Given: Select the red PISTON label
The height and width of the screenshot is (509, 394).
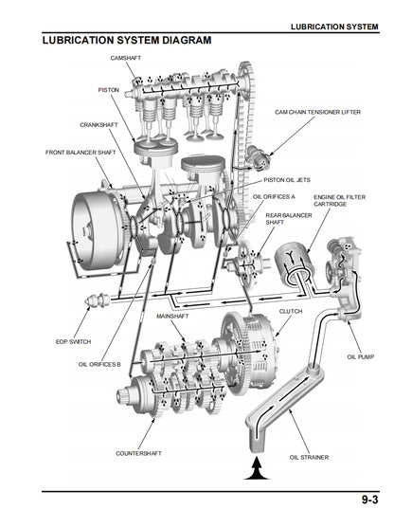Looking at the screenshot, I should pos(109,89).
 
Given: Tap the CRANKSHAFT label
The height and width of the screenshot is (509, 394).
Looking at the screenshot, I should pos(98,124).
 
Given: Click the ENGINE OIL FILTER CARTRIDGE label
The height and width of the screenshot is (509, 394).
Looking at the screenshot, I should pos(337,201).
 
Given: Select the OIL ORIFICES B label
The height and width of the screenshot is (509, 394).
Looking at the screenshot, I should pos(99,364).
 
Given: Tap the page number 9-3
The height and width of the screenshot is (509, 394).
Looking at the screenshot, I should pos(371,499).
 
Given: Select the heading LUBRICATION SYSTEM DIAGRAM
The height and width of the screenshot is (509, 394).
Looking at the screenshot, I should pos(126,41).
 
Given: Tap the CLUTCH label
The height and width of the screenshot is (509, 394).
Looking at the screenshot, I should pos(291,311).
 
